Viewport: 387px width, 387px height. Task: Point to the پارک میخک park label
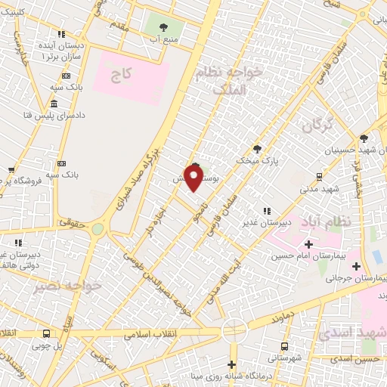[256, 161]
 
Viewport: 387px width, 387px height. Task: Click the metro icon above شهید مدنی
[320, 175]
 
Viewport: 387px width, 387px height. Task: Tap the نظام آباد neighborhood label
[326, 223]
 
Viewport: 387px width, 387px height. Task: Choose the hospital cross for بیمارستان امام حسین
[308, 244]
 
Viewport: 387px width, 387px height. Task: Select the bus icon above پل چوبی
[47, 334]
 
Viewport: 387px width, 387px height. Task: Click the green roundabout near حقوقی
[98, 228]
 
